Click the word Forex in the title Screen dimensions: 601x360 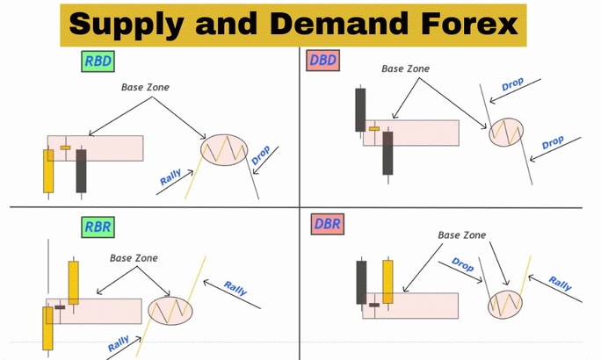[x=469, y=24]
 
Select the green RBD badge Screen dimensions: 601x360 [x=98, y=61]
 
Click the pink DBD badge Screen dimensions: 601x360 [x=322, y=60]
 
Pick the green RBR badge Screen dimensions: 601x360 [x=98, y=227]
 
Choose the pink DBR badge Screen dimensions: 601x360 [x=328, y=224]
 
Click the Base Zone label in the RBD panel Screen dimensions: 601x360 [x=145, y=87]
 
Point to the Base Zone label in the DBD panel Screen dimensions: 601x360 [x=406, y=69]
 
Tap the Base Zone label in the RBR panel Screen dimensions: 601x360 [x=134, y=258]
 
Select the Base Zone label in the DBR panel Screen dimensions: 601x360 [x=462, y=235]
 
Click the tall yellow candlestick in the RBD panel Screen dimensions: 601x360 [x=48, y=171]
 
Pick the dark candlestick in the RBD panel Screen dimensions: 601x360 [x=81, y=171]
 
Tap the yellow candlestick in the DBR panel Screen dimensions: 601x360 [x=387, y=282]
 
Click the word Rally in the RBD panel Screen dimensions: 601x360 [x=170, y=177]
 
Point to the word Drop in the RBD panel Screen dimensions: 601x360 [x=261, y=155]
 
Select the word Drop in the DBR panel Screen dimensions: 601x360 [x=463, y=264]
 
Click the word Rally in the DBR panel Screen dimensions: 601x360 [x=560, y=284]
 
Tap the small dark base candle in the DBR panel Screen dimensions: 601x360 [x=373, y=305]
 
